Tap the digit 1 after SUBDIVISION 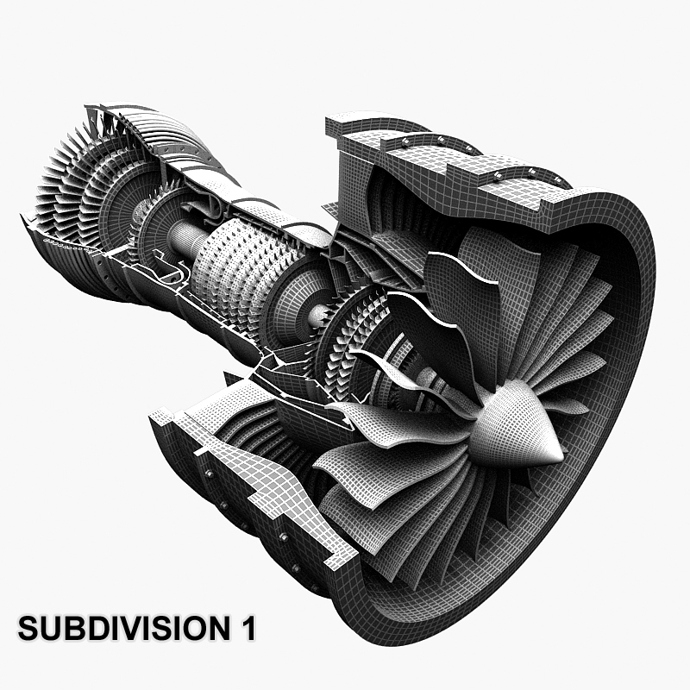pos(248,628)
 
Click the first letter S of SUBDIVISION pos(27,628)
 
